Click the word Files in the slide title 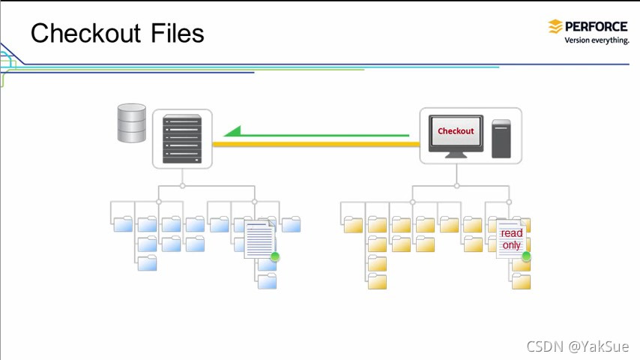[x=177, y=33]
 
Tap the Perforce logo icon [x=555, y=27]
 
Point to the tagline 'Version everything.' [x=597, y=40]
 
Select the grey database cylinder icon [x=132, y=124]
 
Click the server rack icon [x=182, y=139]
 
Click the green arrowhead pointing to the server [x=233, y=132]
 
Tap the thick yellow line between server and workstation [x=315, y=143]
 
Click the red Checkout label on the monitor [x=456, y=131]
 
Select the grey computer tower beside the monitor [x=501, y=139]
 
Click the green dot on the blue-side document [x=275, y=257]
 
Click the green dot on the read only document [x=526, y=256]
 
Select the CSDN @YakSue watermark [x=577, y=346]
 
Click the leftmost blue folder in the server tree [x=123, y=223]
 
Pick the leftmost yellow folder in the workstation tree [x=353, y=224]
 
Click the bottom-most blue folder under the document [x=267, y=281]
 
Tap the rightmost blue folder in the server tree [x=291, y=223]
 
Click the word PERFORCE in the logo [x=597, y=27]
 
